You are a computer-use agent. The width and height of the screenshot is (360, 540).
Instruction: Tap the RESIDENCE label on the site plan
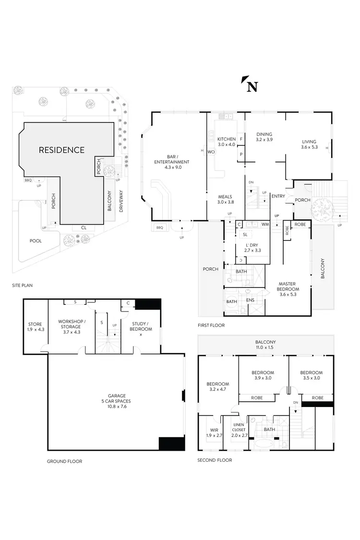[x=61, y=150]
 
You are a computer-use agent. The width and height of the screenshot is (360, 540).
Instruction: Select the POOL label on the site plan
[x=35, y=241]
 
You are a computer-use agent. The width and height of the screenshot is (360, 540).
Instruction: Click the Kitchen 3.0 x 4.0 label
[x=227, y=142]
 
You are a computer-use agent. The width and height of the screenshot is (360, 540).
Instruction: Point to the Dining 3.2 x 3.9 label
[x=264, y=137]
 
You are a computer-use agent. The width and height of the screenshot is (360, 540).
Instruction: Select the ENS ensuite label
[x=250, y=300]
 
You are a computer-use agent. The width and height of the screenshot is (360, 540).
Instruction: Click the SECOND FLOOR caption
[x=215, y=460]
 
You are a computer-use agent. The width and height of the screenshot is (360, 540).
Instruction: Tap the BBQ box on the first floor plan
[x=159, y=227]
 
